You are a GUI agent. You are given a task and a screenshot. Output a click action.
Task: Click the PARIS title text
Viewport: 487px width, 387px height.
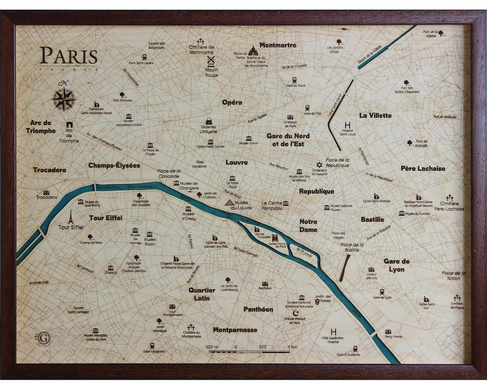click(x=69, y=56)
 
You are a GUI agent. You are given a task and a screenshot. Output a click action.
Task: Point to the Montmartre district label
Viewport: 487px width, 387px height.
click(x=278, y=45)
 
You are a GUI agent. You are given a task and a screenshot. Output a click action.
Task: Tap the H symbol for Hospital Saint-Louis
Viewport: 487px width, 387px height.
click(x=347, y=125)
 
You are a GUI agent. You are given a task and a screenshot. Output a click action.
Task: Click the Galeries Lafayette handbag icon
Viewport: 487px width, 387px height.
click(x=210, y=121)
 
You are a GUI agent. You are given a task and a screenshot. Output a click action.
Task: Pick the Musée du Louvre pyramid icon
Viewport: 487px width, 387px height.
click(x=229, y=203)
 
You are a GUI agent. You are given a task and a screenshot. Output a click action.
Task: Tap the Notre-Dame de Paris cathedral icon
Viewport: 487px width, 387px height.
click(x=277, y=237)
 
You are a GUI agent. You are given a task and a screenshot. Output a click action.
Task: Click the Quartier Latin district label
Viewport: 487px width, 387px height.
click(x=202, y=294)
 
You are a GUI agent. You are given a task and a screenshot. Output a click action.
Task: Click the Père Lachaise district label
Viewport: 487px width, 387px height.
click(x=423, y=169)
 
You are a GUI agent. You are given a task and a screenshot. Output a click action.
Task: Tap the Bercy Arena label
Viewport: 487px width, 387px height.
click(x=393, y=336)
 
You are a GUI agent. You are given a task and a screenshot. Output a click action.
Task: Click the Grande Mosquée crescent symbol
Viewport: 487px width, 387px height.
click(x=296, y=313)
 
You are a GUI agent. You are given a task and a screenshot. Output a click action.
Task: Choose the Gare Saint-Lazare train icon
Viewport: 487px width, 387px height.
click(x=144, y=57)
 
